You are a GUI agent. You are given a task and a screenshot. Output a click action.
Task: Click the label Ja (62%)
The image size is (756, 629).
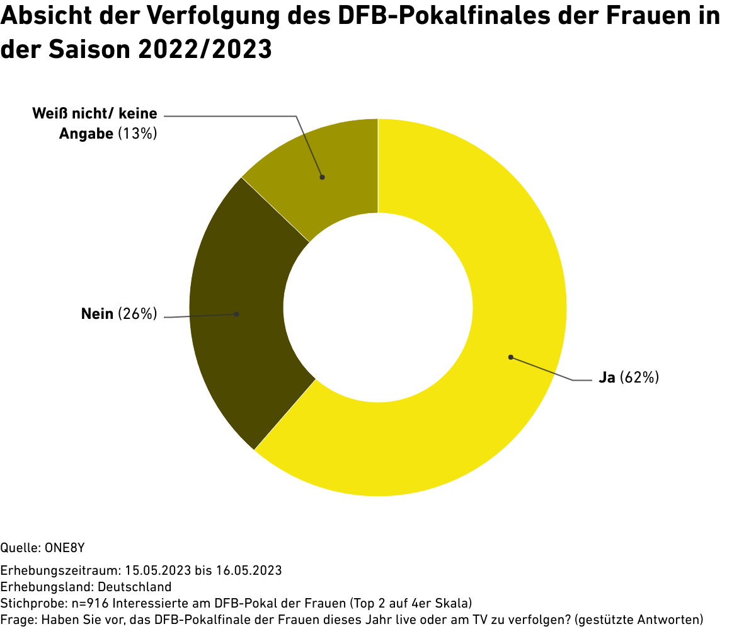tap(628, 378)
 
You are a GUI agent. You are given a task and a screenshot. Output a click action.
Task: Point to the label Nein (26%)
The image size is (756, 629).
tap(118, 314)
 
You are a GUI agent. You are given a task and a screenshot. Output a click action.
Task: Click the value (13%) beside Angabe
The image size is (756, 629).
tap(137, 134)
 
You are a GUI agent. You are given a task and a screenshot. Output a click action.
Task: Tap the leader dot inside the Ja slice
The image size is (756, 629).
tap(510, 357)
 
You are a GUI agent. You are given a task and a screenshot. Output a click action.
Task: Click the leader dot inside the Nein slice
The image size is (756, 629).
tap(237, 314)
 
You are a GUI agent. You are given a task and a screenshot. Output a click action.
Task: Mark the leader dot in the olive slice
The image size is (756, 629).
tap(322, 177)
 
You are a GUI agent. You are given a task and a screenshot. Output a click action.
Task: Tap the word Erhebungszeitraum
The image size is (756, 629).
tap(59, 571)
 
